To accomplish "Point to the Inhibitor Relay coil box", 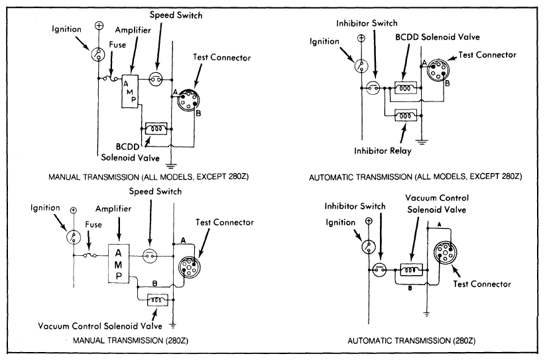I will [x=404, y=116].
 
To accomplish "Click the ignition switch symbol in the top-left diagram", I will [x=99, y=54].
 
